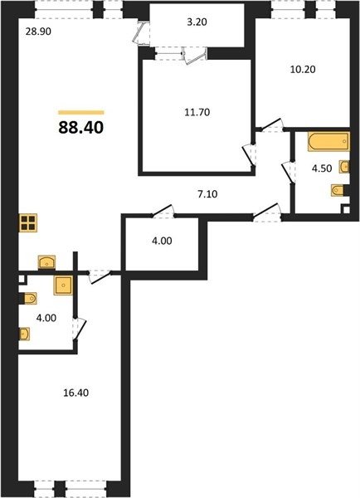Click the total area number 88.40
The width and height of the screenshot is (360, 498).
pyautogui.click(x=81, y=127)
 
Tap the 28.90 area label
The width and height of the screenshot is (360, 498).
pyautogui.click(x=38, y=32)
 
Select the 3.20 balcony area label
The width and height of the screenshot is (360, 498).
pyautogui.click(x=197, y=22)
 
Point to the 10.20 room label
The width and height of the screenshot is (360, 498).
pyautogui.click(x=303, y=69)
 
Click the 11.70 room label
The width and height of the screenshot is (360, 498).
pyautogui.click(x=197, y=112)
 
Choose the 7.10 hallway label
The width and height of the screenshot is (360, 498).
pyautogui.click(x=207, y=193)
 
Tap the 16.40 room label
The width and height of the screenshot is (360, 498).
pyautogui.click(x=75, y=393)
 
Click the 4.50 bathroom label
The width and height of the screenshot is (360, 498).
pyautogui.click(x=322, y=168)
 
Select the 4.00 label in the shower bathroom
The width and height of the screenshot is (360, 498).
pyautogui.click(x=46, y=318)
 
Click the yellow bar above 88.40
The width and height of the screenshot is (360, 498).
pyautogui.click(x=81, y=112)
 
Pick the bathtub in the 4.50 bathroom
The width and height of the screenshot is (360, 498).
pyautogui.click(x=328, y=142)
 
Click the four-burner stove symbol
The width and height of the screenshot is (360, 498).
pyautogui.click(x=28, y=223)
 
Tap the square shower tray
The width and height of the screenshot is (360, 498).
pyautogui.click(x=63, y=286)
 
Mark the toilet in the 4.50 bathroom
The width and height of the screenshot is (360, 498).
pyautogui.click(x=338, y=191)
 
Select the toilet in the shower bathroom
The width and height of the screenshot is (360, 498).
pyautogui.click(x=30, y=299)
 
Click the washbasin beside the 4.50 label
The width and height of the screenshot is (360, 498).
pyautogui.click(x=344, y=167)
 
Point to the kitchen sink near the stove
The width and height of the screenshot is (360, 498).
pyautogui.click(x=46, y=262)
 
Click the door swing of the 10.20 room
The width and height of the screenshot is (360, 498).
pyautogui.click(x=272, y=126)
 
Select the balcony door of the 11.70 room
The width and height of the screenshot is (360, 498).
pyautogui.click(x=196, y=56)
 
